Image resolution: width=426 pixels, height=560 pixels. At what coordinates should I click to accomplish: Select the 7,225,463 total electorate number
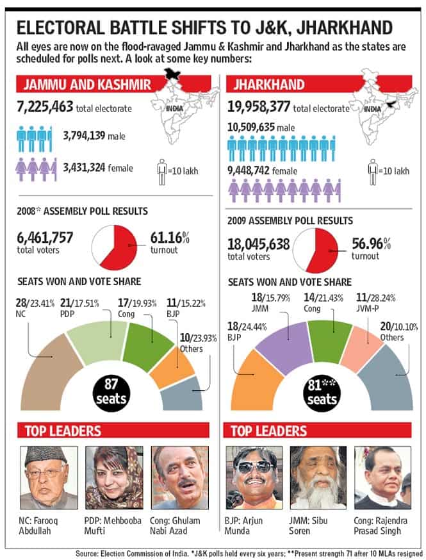pos(45,106)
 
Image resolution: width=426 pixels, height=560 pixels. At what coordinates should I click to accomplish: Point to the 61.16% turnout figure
pos(170,237)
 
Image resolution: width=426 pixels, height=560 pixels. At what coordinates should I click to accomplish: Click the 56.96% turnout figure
pos(371,243)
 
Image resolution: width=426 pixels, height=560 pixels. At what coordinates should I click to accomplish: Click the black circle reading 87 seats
pos(111,392)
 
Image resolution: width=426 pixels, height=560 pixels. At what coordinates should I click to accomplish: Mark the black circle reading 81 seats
pos(322,393)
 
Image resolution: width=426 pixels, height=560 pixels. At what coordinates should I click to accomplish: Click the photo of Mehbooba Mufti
pos(114,477)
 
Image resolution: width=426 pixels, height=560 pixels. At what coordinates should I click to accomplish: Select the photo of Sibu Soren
pos(318,477)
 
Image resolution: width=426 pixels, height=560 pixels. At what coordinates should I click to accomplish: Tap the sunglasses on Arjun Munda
pos(254,467)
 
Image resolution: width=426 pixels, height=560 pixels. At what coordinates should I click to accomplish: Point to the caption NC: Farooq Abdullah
pos(38,525)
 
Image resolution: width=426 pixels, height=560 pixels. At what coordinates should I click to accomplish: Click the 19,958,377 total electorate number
pos(259,106)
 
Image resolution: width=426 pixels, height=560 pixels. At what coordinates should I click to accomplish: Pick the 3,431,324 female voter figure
pos(84,167)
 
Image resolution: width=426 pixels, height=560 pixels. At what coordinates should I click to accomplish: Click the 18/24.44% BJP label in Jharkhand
pos(247,331)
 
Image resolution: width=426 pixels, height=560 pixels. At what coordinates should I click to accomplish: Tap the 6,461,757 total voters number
pos(45,237)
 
